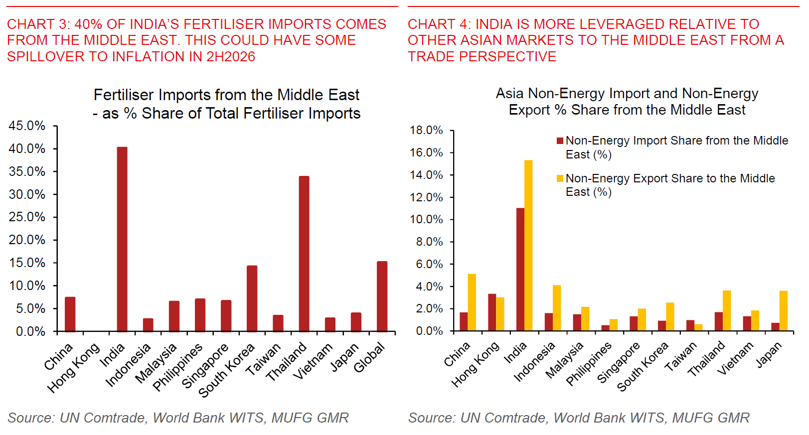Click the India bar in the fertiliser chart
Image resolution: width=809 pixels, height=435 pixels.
click(122, 239)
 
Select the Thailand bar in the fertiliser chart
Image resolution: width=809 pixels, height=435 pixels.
click(304, 254)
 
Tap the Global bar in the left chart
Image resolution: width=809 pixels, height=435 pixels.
click(382, 296)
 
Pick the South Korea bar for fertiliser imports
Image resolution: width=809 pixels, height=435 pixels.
click(252, 298)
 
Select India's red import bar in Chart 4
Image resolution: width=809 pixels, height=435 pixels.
click(520, 269)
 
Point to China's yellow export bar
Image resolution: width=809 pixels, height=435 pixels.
click(472, 302)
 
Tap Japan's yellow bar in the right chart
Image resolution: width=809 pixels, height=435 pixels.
click(784, 311)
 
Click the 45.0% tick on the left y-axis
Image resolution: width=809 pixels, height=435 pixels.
click(27, 126)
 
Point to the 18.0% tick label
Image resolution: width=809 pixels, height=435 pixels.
click(426, 131)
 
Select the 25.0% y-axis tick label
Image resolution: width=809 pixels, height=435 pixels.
click(27, 217)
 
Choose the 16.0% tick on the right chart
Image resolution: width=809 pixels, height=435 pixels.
click(426, 152)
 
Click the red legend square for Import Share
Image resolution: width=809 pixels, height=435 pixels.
click(560, 141)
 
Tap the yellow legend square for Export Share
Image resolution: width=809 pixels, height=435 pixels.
click(560, 178)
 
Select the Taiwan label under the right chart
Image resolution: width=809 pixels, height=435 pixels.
click(681, 357)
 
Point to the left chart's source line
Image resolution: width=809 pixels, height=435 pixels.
click(178, 418)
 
